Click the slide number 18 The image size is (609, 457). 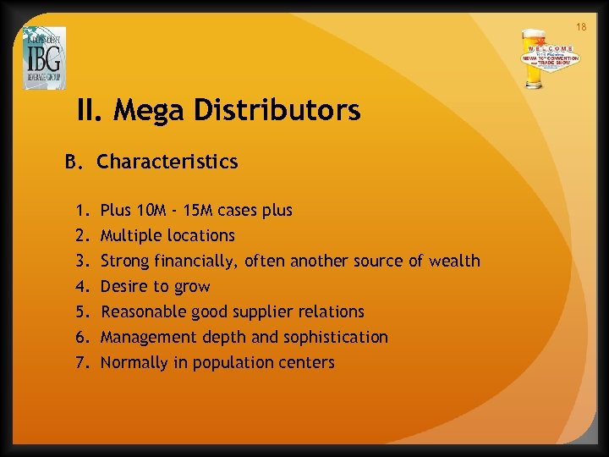[581, 28]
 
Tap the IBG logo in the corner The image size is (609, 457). [44, 58]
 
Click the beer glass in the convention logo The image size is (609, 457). [535, 58]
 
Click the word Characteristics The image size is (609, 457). [167, 161]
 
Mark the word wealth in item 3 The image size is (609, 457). [452, 261]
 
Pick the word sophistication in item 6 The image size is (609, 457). [337, 337]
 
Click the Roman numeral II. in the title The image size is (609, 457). [89, 110]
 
